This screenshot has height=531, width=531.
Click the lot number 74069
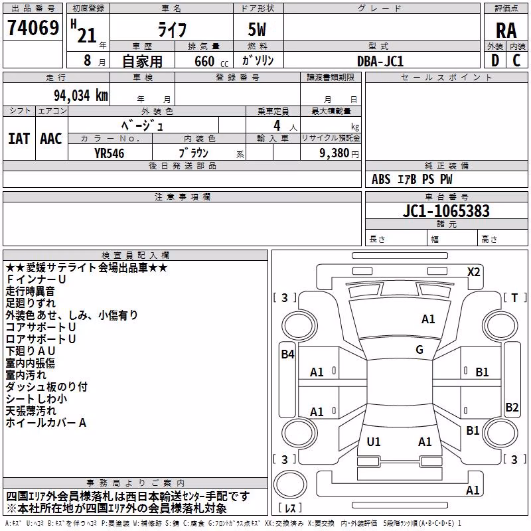[33, 27]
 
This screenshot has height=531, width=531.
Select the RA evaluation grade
[506, 31]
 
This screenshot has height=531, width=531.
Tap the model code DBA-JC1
[380, 61]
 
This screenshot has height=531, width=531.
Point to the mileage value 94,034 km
[81, 96]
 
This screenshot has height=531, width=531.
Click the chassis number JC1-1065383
[446, 210]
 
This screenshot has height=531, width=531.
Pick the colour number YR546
[109, 153]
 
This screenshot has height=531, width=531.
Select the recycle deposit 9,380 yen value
[339, 153]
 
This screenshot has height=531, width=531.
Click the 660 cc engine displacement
[211, 61]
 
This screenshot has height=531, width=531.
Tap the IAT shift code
[19, 139]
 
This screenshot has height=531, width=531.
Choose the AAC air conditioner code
[51, 139]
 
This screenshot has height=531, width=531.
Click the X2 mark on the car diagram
[473, 272]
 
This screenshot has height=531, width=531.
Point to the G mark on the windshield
[419, 350]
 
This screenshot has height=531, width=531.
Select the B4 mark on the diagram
[287, 354]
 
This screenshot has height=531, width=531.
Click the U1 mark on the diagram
[374, 441]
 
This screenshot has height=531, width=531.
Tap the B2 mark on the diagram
[512, 407]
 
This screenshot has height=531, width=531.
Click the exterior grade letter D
[495, 60]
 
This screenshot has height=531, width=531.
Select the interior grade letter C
[516, 60]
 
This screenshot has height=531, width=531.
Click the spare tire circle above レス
[290, 484]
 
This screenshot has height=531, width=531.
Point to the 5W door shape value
[257, 29]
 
